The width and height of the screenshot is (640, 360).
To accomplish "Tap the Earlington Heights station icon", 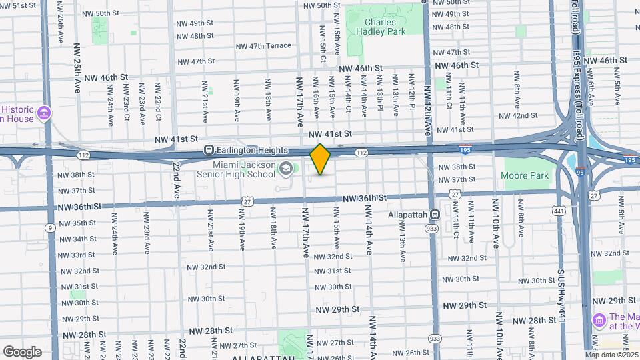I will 209,151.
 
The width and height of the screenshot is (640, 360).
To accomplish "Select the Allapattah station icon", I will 434,215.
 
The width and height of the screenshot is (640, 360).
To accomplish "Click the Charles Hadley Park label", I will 380,26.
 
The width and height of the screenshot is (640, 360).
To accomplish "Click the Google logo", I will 22,352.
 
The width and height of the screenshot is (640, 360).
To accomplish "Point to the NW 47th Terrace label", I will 263,46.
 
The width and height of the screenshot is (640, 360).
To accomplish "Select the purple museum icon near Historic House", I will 45,113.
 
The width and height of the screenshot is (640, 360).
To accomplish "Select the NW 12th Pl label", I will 412,95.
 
